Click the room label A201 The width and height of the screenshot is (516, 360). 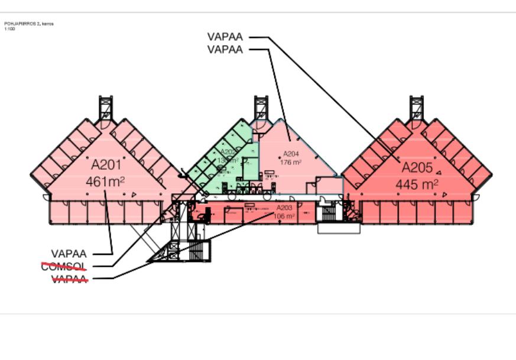[x=105, y=164]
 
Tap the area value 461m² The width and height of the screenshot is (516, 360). [x=105, y=181]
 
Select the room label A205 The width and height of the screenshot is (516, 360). [x=417, y=167]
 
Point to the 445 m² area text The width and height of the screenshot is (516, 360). [x=417, y=184]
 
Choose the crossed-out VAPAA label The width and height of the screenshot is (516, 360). [x=70, y=279]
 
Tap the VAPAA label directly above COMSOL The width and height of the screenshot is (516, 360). [x=69, y=254]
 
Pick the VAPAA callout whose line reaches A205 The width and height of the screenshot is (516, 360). [x=225, y=36]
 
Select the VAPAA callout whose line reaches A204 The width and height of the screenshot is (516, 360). [x=225, y=50]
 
